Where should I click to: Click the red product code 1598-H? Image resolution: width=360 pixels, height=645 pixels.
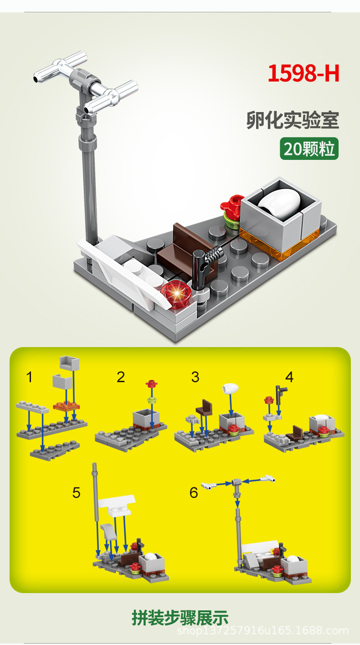click(303, 73)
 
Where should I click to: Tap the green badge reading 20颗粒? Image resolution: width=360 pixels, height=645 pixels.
click(309, 148)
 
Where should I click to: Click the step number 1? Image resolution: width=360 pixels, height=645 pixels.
click(30, 377)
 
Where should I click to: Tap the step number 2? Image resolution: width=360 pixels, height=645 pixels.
click(121, 377)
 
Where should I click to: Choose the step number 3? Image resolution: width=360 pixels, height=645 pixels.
click(195, 377)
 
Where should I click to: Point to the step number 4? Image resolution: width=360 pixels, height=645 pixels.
click(289, 377)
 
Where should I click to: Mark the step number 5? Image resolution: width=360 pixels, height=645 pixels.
click(76, 493)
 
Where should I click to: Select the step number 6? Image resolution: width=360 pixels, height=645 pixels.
click(194, 493)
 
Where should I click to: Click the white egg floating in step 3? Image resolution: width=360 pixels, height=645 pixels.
click(230, 389)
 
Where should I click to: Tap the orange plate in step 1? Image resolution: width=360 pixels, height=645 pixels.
click(67, 406)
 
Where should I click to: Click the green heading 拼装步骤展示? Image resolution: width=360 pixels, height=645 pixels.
click(180, 618)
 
